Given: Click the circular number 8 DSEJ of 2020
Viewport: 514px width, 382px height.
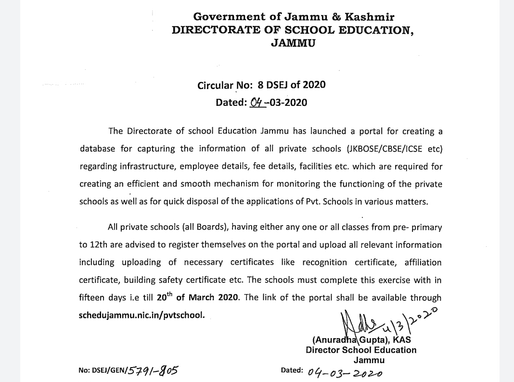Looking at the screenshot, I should [292, 85].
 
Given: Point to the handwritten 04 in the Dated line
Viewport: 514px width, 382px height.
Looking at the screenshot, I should [257, 102].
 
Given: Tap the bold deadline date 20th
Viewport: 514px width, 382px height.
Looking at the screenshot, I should [165, 296].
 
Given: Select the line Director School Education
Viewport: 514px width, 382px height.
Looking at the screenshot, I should [361, 350].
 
